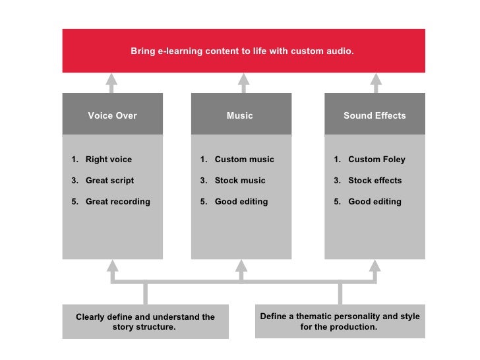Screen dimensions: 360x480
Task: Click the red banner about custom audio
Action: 243,50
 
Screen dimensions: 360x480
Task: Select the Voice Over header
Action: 112,115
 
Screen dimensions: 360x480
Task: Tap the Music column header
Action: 240,115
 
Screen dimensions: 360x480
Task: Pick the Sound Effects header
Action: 375,115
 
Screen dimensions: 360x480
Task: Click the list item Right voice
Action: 108,159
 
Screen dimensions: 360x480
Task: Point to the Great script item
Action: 109,180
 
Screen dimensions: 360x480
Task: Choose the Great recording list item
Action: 117,201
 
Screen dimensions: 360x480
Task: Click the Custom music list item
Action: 244,159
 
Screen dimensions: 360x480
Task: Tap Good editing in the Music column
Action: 241,201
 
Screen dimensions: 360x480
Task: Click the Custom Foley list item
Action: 376,159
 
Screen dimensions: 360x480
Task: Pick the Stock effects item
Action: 375,180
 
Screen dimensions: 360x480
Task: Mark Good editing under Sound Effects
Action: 375,201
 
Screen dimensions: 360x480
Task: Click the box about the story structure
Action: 145,322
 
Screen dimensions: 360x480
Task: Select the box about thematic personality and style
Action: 340,321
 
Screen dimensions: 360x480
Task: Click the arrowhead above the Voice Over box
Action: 112,80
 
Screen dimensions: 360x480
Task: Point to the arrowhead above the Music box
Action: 243,80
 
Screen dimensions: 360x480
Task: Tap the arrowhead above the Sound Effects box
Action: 376,80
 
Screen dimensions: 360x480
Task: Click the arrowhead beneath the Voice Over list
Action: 113,266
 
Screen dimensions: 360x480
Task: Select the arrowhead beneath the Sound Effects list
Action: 375,266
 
